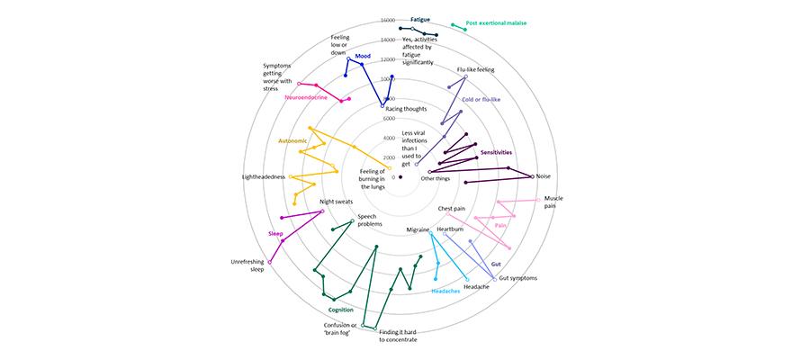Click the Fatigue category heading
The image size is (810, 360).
point(420,19)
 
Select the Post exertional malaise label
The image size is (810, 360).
point(496,23)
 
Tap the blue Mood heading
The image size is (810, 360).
point(363,56)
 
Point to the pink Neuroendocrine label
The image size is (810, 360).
point(306,97)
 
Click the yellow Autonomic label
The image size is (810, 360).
point(292,141)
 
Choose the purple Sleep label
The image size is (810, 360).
point(275,234)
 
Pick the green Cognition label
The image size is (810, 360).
point(341,310)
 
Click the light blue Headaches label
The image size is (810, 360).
point(445,292)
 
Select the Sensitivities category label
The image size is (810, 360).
point(496,152)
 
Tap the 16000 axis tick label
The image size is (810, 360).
point(387,20)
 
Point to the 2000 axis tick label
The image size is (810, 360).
point(389,157)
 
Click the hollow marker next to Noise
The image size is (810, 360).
point(533,176)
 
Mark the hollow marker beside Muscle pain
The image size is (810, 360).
point(538,200)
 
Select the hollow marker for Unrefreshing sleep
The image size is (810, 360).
point(269,262)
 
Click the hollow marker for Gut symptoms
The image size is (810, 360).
point(495,279)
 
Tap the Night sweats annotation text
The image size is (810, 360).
point(336,202)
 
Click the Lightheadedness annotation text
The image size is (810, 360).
point(264,177)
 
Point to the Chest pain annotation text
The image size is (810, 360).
point(452,209)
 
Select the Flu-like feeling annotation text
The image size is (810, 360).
point(476,69)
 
